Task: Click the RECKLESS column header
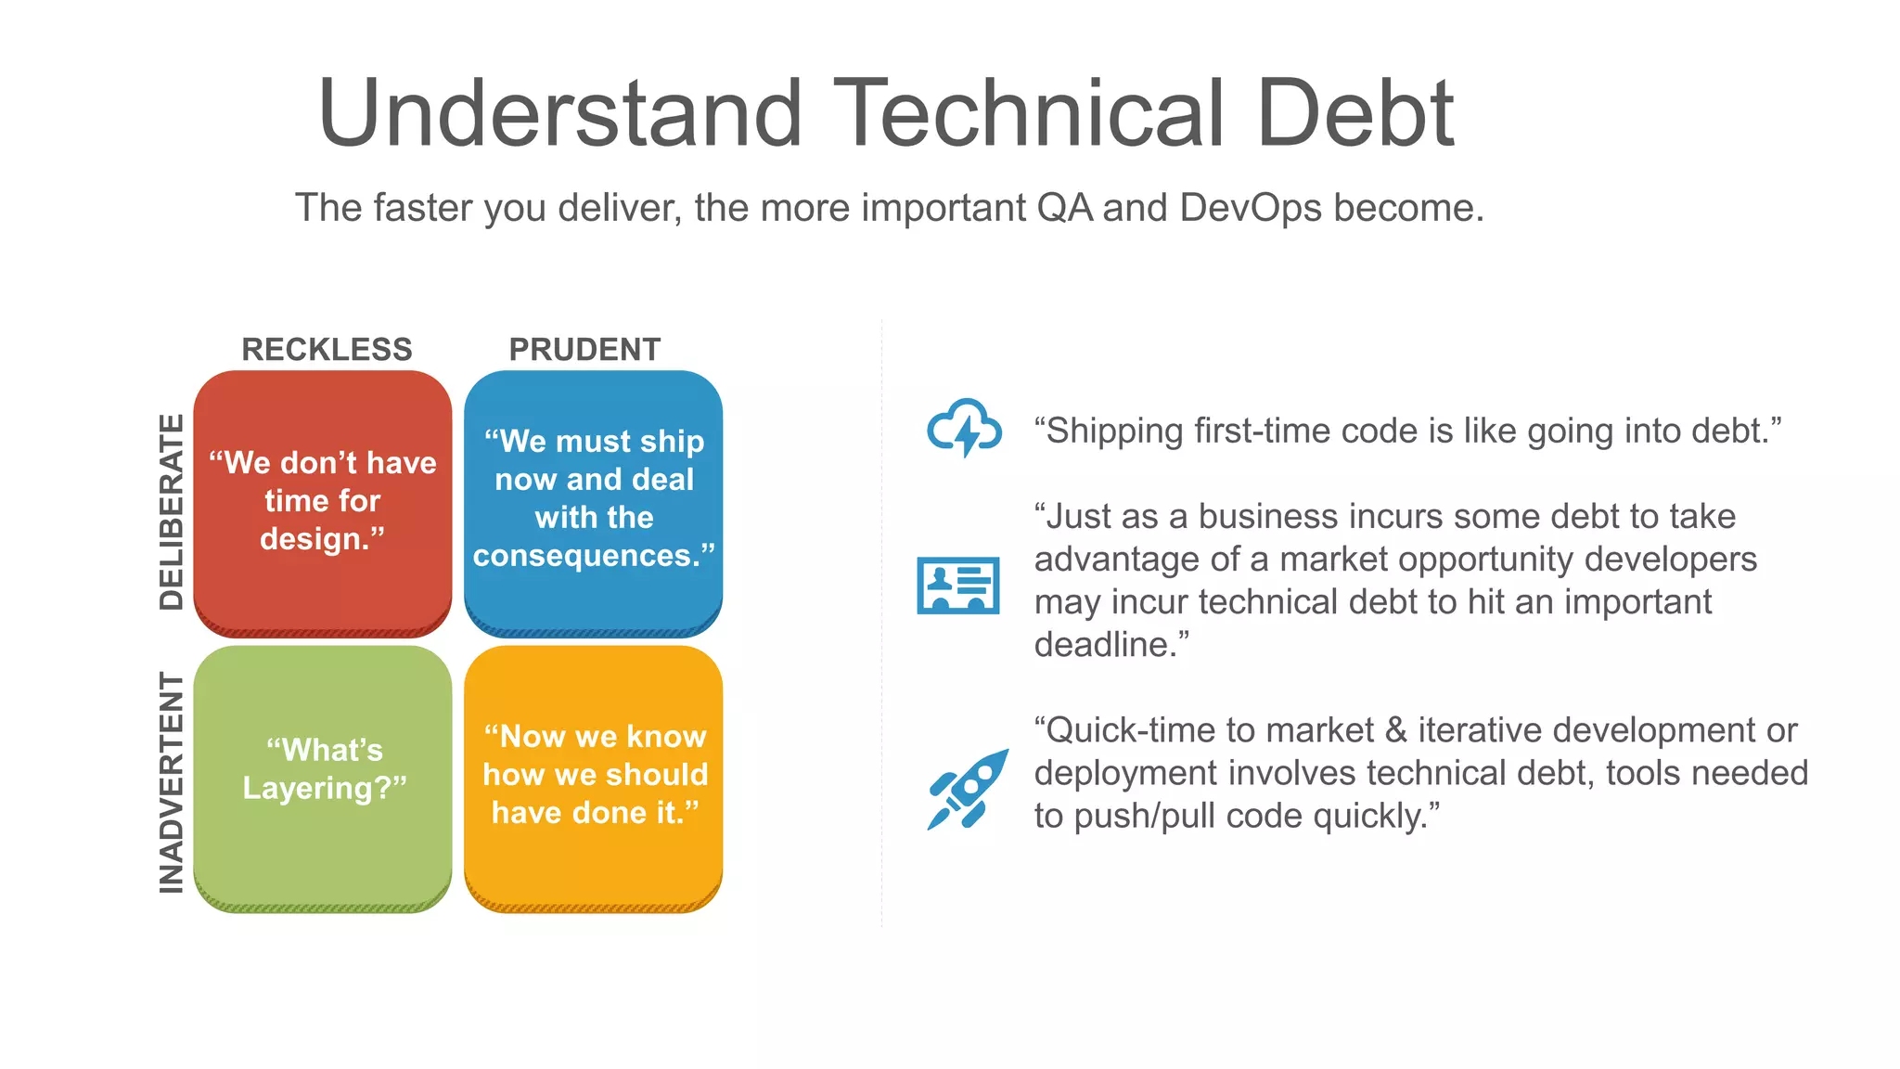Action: coord(327,350)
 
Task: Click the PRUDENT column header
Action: coord(584,350)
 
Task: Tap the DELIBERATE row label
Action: coord(172,511)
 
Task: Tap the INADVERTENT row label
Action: coord(172,782)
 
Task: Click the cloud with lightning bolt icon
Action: coord(965,429)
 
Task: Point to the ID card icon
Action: coord(958,586)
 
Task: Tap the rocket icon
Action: coord(968,789)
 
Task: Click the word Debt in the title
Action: coord(1355,113)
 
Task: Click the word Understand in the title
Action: coord(559,113)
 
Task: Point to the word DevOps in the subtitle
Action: coord(1251,208)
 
